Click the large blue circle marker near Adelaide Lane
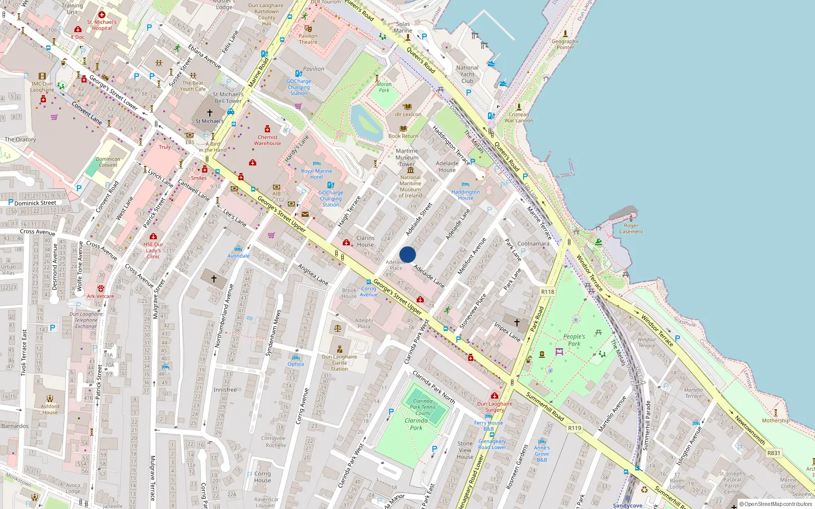[x=407, y=254]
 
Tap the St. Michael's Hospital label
[x=102, y=25]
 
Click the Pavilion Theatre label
[x=308, y=39]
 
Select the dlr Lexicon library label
[x=407, y=115]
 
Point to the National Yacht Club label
[x=467, y=74]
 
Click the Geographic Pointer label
[x=565, y=44]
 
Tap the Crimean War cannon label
[x=519, y=118]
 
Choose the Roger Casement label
[x=631, y=229]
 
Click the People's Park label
[x=574, y=340]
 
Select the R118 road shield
[x=548, y=292]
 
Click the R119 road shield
[x=575, y=428]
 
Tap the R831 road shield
[x=774, y=453]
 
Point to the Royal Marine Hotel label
[x=316, y=174]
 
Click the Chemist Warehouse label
[x=267, y=140]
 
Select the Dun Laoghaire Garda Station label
[x=339, y=362]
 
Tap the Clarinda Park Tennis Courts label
[x=423, y=407]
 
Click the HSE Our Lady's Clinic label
[x=153, y=250]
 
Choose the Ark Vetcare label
[x=100, y=296]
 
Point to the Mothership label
[x=775, y=420]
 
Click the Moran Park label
[x=384, y=87]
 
